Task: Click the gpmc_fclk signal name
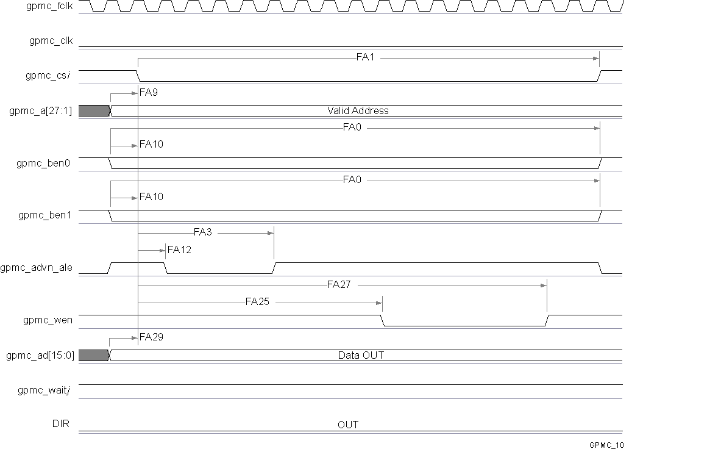(51, 7)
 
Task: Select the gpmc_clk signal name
(51, 41)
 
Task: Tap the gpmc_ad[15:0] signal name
(40, 356)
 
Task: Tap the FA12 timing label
(179, 250)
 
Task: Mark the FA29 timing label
(151, 337)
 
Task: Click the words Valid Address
(358, 111)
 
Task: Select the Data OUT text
(361, 355)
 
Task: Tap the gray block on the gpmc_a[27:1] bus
(93, 110)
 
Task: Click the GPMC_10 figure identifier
(606, 445)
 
